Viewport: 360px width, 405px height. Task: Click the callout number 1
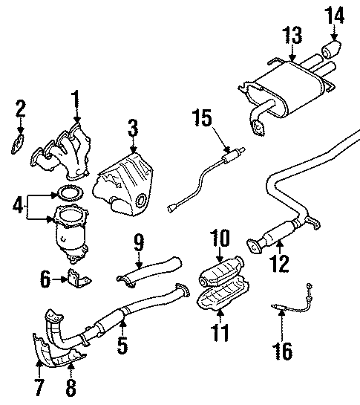coord(74,98)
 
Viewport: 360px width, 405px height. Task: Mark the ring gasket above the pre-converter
coord(69,195)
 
